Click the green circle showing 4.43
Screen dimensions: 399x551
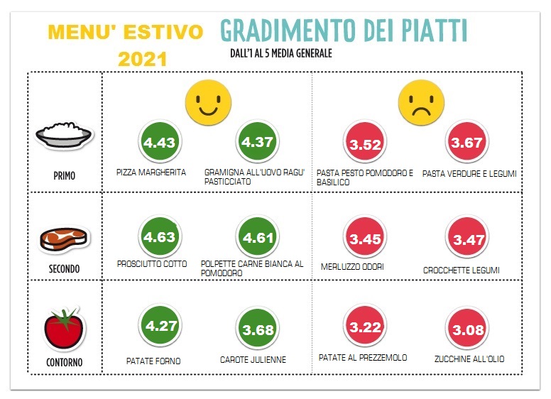pyautogui.click(x=159, y=144)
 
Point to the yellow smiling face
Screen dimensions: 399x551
pyautogui.click(x=207, y=102)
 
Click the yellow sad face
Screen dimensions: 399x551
pyautogui.click(x=421, y=102)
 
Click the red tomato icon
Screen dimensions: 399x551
pyautogui.click(x=65, y=328)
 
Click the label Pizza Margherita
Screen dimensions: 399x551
pyautogui.click(x=151, y=173)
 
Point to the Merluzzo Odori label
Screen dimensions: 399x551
pyautogui.click(x=353, y=266)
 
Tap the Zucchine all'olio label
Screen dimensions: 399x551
pyautogui.click(x=469, y=359)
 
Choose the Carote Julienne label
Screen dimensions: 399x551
pyautogui.click(x=253, y=360)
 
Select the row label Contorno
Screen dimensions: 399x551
pyautogui.click(x=64, y=363)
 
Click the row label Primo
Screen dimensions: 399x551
pyautogui.click(x=64, y=176)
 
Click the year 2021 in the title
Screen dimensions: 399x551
pyautogui.click(x=142, y=59)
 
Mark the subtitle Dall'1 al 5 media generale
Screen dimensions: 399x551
pyautogui.click(x=281, y=53)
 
